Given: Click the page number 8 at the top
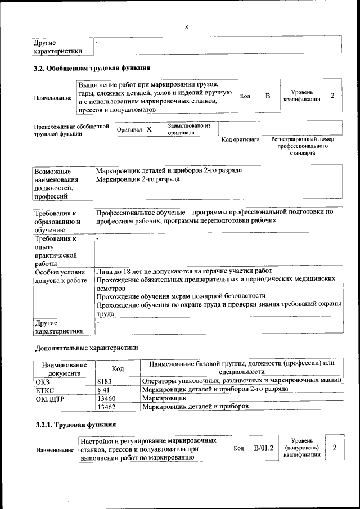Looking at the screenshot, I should pos(186,27).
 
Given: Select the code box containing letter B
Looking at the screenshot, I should pos(268,96).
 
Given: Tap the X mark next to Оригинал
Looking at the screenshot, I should pos(149,129).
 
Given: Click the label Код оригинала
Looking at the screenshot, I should pos(240,139).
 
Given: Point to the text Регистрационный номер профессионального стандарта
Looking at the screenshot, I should pos(302,146).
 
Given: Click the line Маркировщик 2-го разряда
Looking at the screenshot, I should pos(138,179).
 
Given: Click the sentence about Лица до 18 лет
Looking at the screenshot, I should pos(184,271).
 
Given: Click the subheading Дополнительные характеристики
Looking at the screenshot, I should pos(86,348).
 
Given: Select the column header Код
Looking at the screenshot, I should pos(118,368).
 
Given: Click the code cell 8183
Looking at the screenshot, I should pos(105,381).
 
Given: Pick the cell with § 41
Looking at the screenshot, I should pos(103,389).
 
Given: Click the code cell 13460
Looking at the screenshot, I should pos(107,398).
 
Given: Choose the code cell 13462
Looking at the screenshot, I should pos(107,406).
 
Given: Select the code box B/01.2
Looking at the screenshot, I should pos(263,448).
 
